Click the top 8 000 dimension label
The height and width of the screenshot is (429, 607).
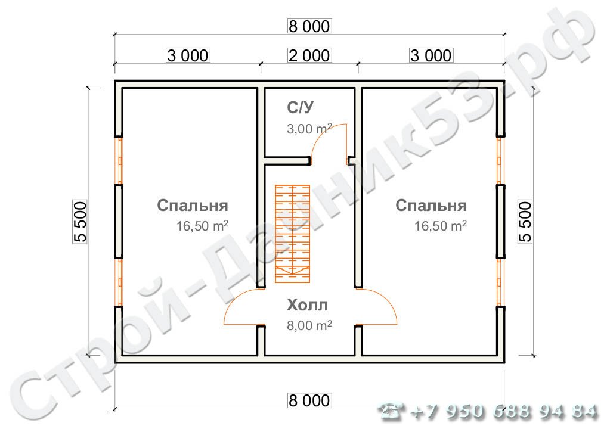309,27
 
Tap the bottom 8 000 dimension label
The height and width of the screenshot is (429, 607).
309,400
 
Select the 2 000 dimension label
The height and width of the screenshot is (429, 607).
309,55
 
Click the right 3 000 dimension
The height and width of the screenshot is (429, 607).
431,55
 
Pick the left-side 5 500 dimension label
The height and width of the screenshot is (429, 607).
80,221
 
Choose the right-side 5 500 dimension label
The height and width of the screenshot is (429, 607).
525,221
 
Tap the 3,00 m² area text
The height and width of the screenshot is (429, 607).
309,129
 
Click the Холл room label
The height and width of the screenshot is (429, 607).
307,306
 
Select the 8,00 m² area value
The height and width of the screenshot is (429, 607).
309,325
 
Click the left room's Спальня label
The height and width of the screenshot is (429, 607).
193,206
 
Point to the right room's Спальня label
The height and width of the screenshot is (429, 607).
431,206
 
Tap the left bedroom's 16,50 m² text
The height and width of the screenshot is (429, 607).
203,226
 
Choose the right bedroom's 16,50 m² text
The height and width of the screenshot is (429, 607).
441,226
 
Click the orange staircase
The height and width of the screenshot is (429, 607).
293,233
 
